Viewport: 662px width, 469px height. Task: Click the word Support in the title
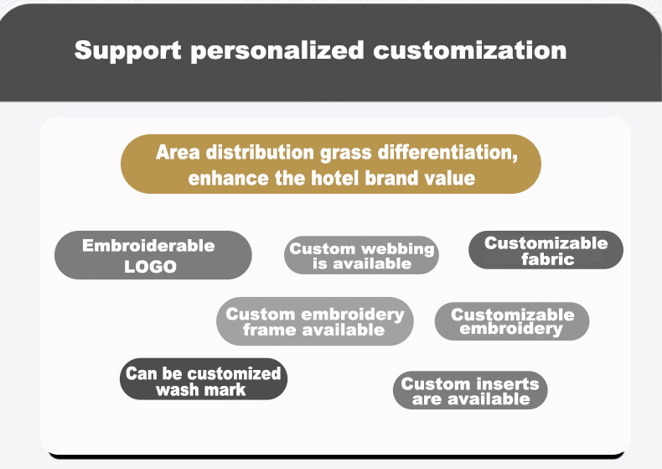pyautogui.click(x=127, y=50)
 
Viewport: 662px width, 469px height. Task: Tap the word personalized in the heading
pyautogui.click(x=277, y=50)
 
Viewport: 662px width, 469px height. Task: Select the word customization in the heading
pyautogui.click(x=470, y=50)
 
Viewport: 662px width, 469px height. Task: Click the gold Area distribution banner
pyautogui.click(x=331, y=164)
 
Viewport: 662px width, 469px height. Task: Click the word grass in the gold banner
pyautogui.click(x=347, y=153)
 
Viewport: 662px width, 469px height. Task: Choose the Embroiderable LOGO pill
pyautogui.click(x=153, y=255)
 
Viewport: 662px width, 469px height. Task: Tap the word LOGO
pyautogui.click(x=150, y=267)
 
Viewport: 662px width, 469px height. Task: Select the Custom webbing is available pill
pyautogui.click(x=362, y=255)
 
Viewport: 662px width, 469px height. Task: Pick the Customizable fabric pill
pyautogui.click(x=546, y=250)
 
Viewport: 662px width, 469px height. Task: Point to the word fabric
pyautogui.click(x=547, y=259)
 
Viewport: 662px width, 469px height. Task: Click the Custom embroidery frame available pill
pyautogui.click(x=314, y=321)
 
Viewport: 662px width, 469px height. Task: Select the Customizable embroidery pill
pyautogui.click(x=512, y=321)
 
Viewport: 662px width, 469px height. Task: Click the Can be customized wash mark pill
pyautogui.click(x=203, y=380)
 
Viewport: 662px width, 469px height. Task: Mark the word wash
pyautogui.click(x=176, y=389)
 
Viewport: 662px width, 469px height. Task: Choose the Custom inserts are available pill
pyautogui.click(x=470, y=390)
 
